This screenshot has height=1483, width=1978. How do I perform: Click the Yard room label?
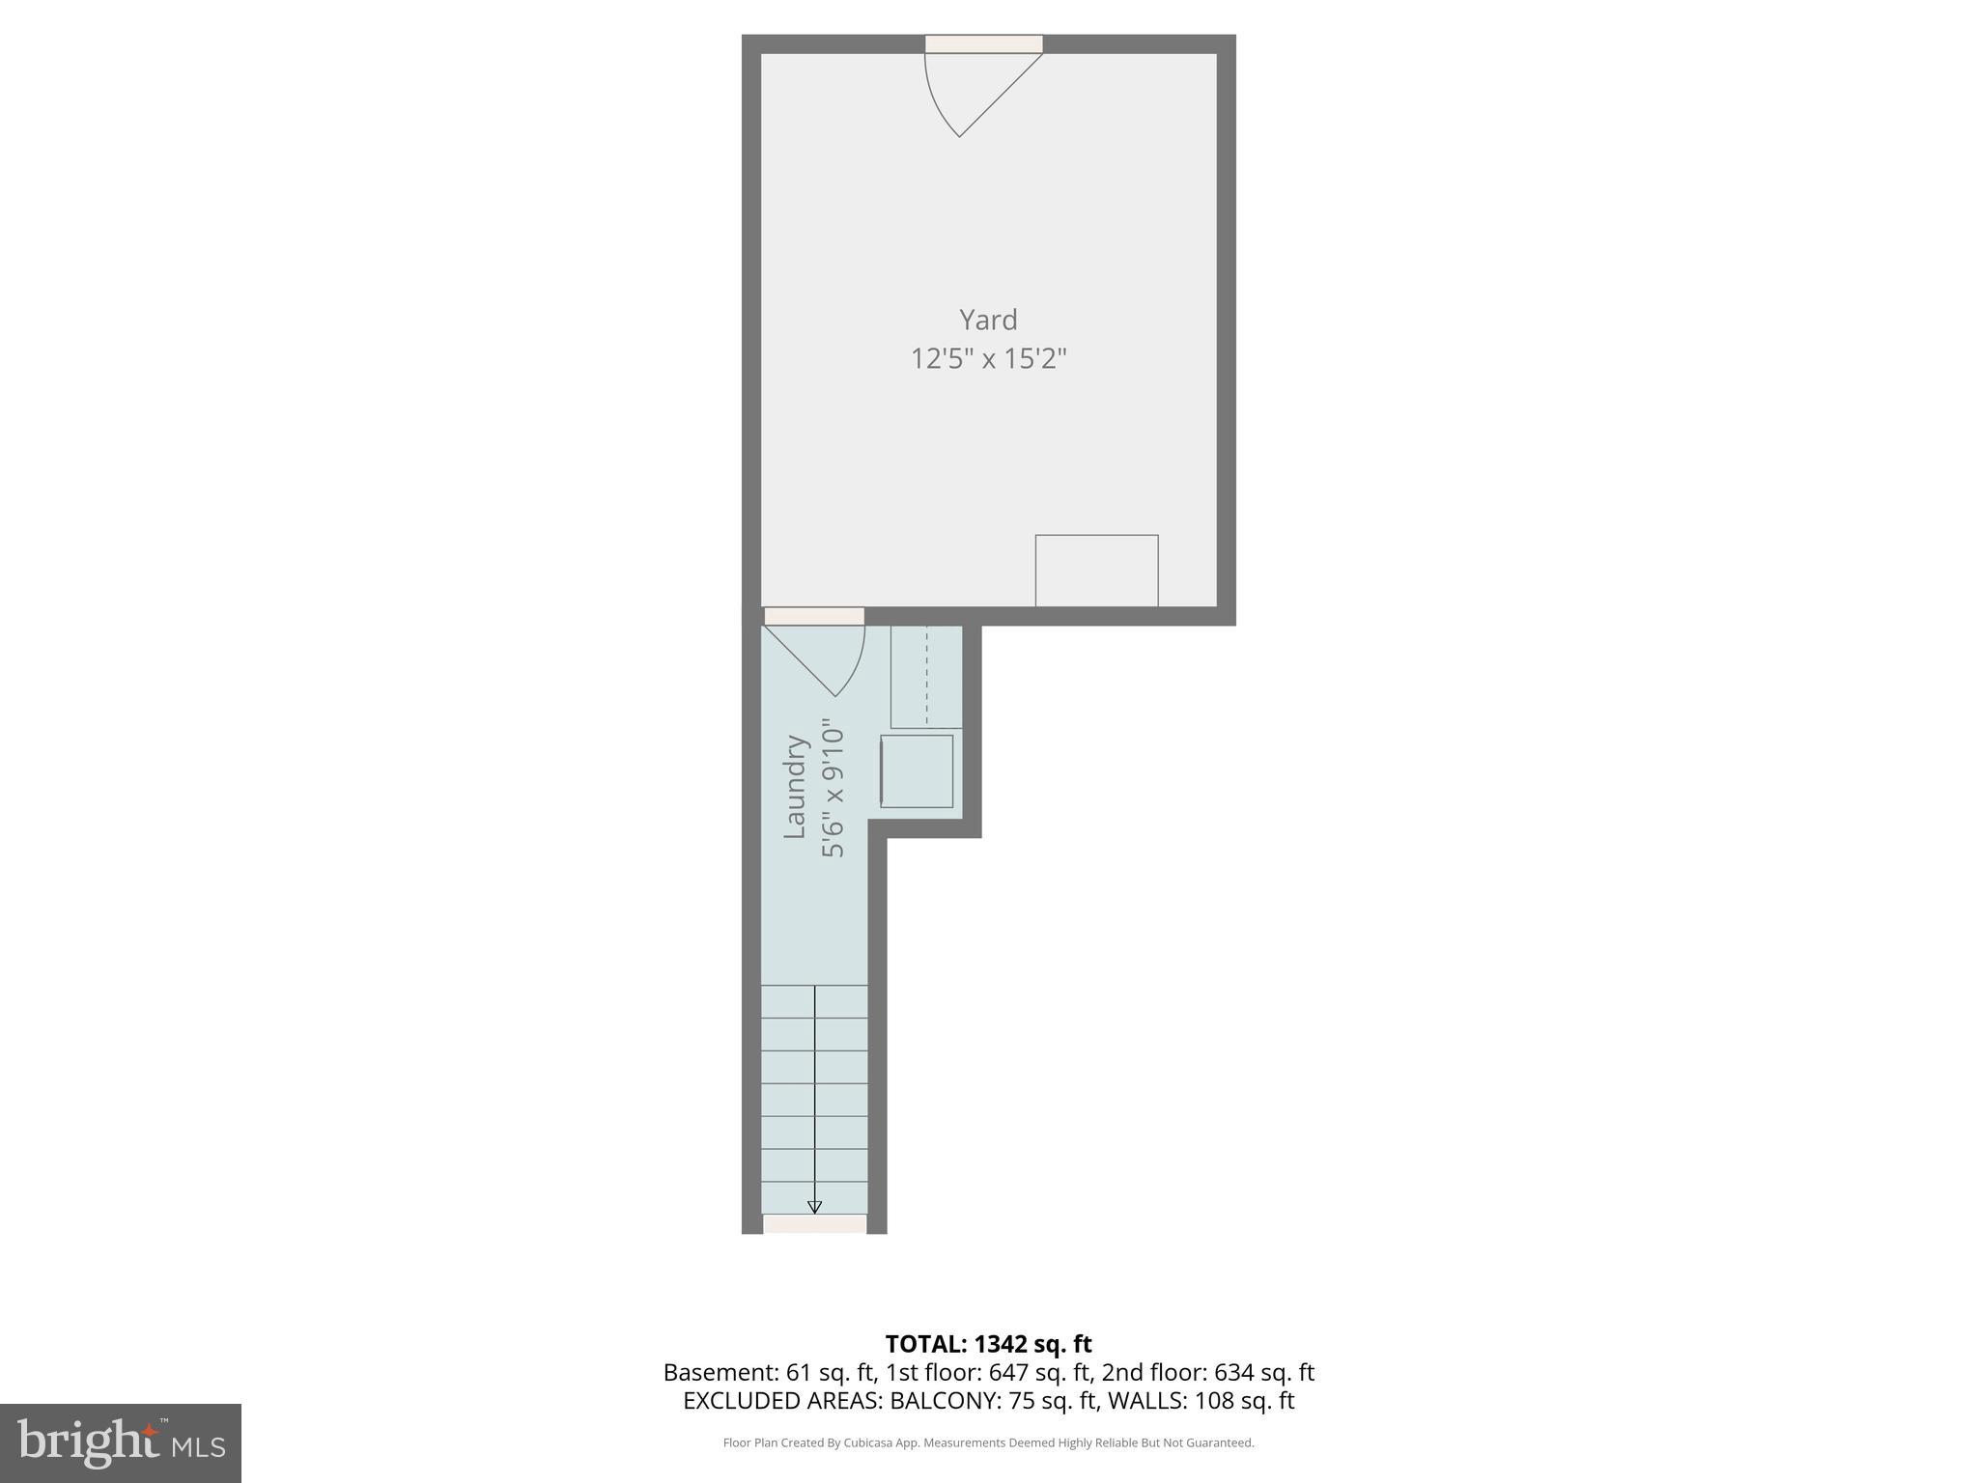tap(988, 320)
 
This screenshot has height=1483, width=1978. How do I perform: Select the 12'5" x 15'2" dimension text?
tap(988, 359)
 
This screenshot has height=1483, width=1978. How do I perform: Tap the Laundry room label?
tap(794, 787)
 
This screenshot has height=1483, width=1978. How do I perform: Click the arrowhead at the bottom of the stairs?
tap(814, 1207)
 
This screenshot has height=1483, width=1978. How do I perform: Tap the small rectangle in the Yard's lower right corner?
tap(1096, 571)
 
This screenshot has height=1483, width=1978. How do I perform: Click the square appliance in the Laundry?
tap(917, 771)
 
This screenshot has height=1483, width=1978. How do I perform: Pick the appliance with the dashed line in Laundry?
tap(926, 676)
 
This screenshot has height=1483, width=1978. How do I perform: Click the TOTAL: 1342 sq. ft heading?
tap(988, 1344)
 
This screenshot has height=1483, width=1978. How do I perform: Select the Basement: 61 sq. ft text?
tap(768, 1373)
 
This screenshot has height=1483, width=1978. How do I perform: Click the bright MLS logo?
tap(121, 1442)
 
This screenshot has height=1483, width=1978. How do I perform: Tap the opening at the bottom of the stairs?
tap(814, 1224)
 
